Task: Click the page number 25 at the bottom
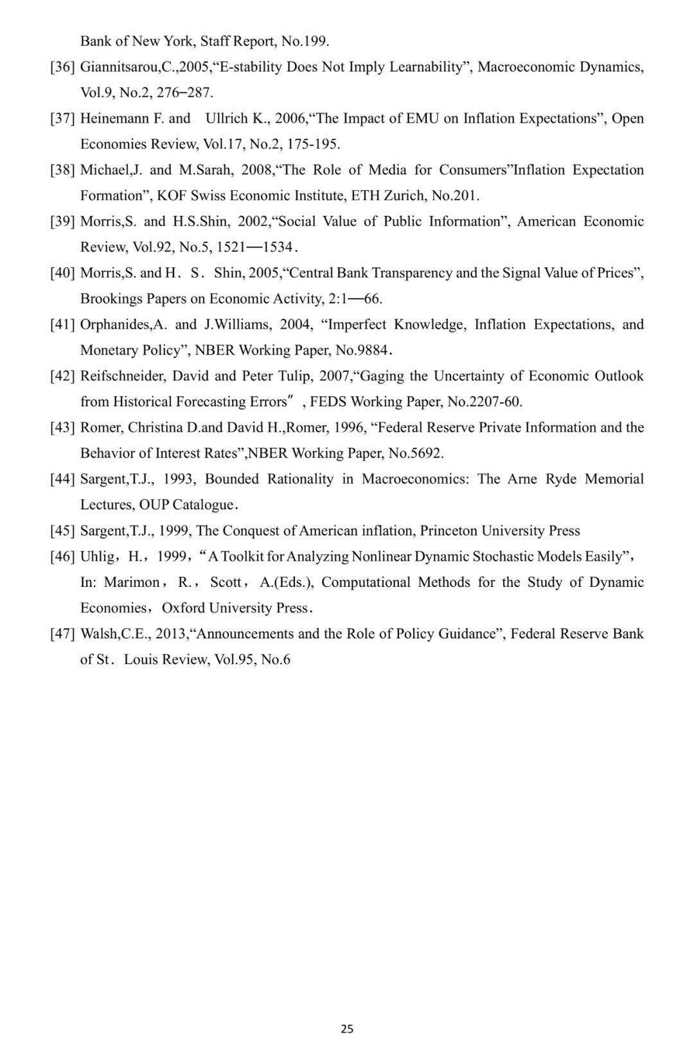(347, 1028)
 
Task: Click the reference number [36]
(63, 67)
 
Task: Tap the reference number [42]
(63, 376)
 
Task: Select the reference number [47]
(63, 634)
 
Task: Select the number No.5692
(415, 453)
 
